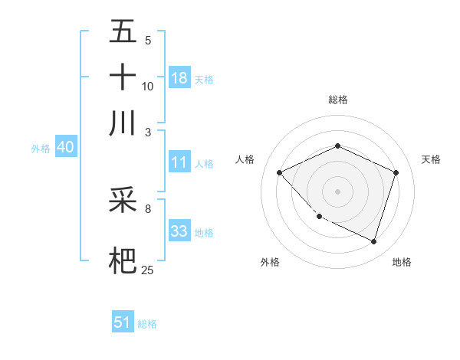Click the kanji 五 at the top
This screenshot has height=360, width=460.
pos(123,31)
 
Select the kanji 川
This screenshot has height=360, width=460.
pos(123,123)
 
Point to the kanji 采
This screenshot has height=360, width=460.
pos(123,201)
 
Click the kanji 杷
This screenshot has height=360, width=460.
pos(123,260)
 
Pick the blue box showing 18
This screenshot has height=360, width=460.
pos(179,78)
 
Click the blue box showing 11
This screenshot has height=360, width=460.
pos(179,162)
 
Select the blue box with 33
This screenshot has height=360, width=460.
pos(179,232)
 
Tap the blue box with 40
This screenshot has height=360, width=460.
pos(65,148)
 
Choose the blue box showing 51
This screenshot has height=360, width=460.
pos(123,322)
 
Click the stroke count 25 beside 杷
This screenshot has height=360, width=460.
pos(148,270)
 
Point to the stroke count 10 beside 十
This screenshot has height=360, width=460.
pos(148,86)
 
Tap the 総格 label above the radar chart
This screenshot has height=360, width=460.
pos(337,100)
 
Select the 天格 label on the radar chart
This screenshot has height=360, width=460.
pos(431,159)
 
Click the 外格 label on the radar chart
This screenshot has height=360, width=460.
pos(270,262)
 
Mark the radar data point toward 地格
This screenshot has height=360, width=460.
pos(373,241)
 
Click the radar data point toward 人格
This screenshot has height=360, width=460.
pos(280,173)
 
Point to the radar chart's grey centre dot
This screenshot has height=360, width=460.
pos(337,191)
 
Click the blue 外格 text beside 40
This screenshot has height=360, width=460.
pos(41,149)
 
